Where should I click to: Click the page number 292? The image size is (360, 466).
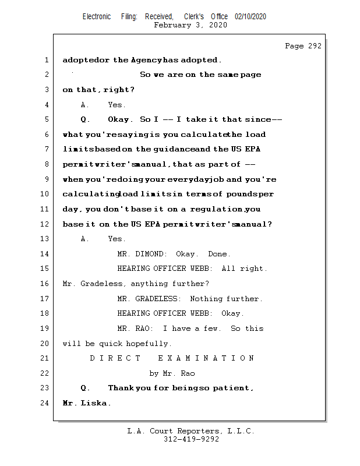click(x=314, y=46)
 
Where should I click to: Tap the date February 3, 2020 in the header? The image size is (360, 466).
click(x=190, y=25)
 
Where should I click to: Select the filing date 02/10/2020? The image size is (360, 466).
click(x=250, y=17)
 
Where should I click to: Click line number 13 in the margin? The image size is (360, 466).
click(x=45, y=238)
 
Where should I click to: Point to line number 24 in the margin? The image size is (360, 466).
click(x=45, y=403)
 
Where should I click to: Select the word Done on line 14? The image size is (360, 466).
click(x=219, y=254)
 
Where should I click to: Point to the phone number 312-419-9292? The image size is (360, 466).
click(x=191, y=439)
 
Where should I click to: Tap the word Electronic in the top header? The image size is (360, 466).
click(x=97, y=17)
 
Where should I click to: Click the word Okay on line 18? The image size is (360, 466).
click(x=232, y=313)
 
